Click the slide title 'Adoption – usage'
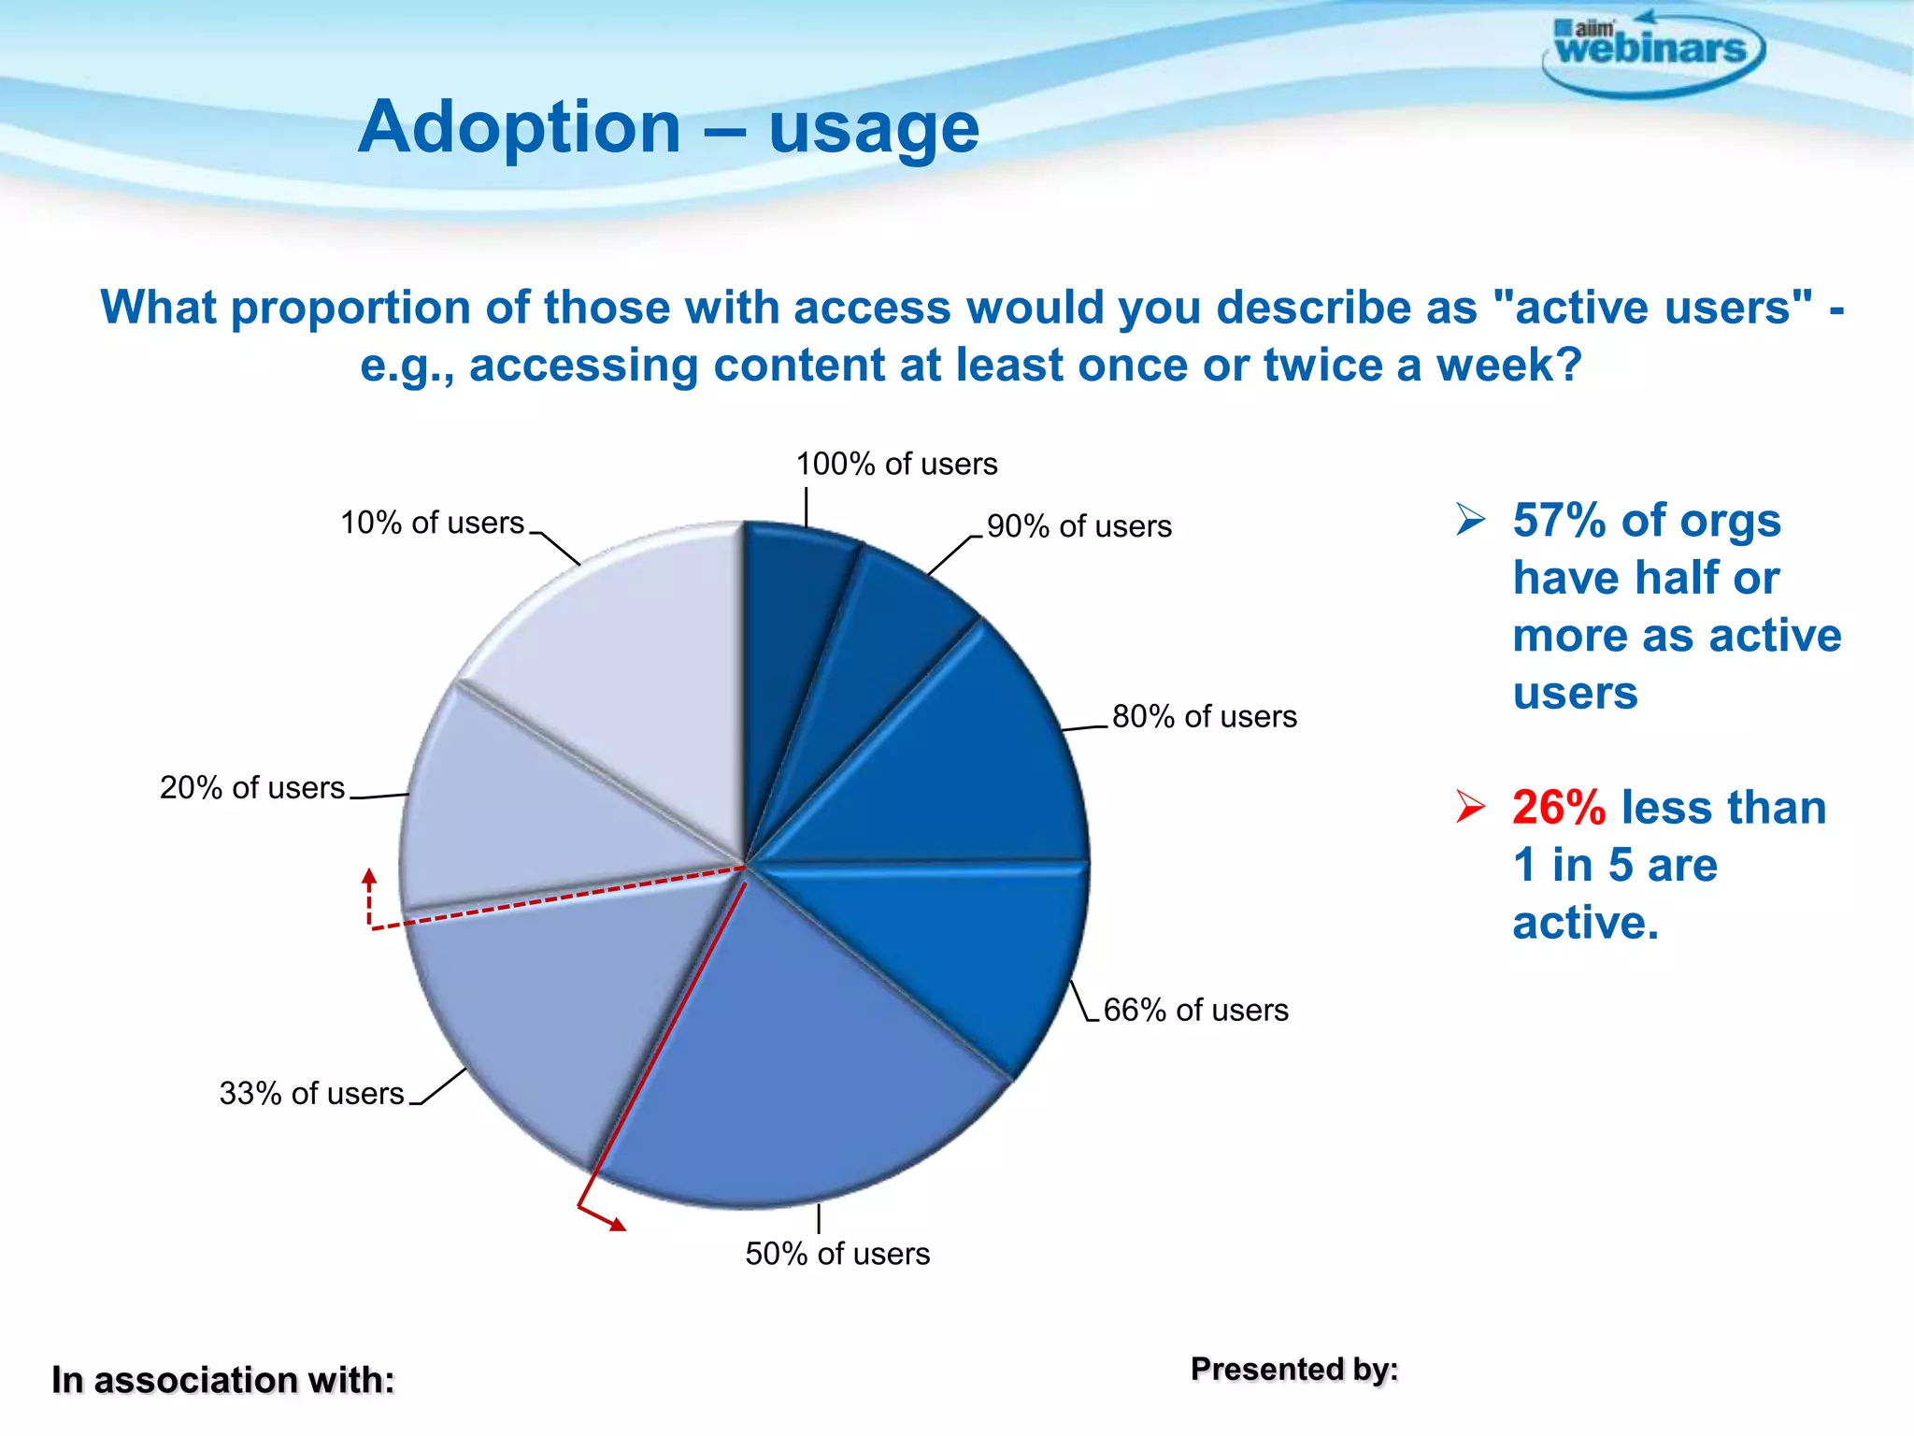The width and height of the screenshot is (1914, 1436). tap(668, 127)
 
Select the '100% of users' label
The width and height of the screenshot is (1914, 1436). tap(896, 464)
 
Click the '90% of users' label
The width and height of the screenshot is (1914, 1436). tap(1078, 526)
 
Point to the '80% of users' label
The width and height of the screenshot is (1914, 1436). tap(1204, 716)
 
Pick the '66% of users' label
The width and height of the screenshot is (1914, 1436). tap(1195, 1010)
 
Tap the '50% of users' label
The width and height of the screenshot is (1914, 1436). tap(837, 1254)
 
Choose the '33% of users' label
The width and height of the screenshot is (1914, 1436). tap(311, 1093)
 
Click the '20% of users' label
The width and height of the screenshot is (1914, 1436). tap(252, 787)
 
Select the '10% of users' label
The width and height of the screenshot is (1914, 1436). tap(432, 523)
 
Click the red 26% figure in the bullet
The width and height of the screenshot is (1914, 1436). tap(1559, 807)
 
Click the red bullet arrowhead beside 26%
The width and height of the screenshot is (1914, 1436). tap(1470, 806)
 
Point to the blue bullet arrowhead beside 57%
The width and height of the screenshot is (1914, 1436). tap(1470, 519)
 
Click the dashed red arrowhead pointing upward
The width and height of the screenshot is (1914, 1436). tap(369, 877)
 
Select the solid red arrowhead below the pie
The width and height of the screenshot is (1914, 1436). tap(617, 1224)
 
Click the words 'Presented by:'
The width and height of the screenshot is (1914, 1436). tap(1294, 1369)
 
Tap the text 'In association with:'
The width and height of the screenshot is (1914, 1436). tap(222, 1380)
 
